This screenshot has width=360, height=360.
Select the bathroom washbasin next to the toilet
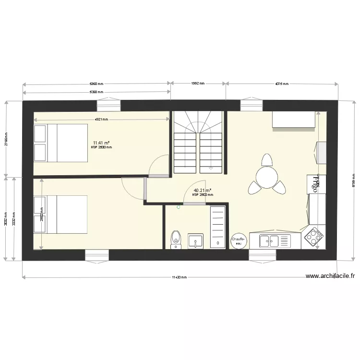click(195, 241)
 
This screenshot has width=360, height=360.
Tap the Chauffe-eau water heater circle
click(239, 241)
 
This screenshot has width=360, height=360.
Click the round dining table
click(266, 178)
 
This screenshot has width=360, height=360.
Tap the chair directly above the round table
click(266, 159)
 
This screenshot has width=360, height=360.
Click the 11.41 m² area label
click(101, 143)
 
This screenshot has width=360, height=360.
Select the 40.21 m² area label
click(202, 191)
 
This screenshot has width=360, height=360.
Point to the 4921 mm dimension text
click(101, 120)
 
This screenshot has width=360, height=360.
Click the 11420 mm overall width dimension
click(180, 277)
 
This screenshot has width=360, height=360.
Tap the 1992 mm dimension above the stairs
click(198, 84)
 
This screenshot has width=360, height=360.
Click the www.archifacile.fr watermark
click(330, 276)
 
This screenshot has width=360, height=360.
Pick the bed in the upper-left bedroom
click(60, 143)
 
